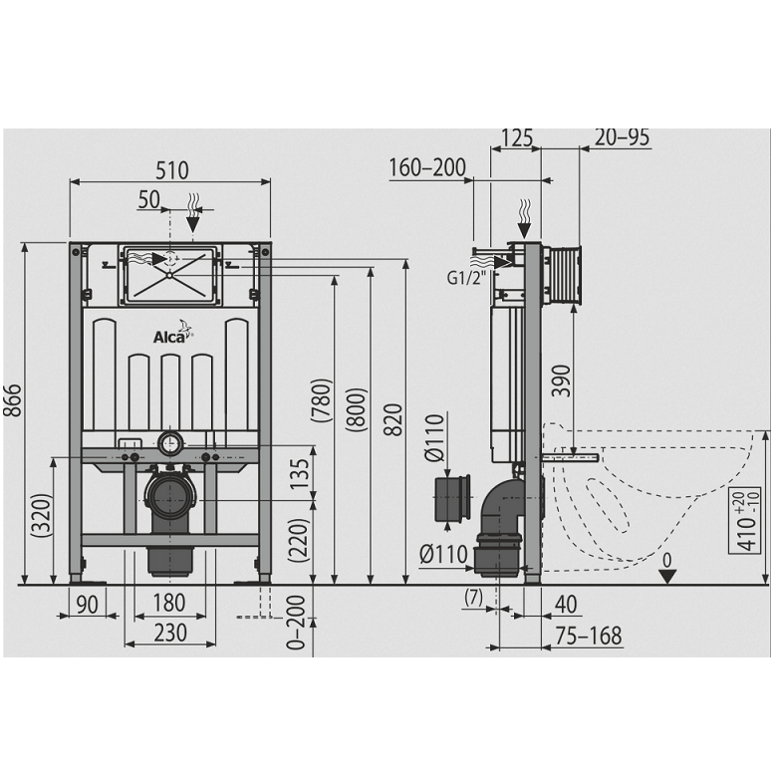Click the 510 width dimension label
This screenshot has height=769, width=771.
point(172,170)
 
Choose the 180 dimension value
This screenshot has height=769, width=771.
point(169,603)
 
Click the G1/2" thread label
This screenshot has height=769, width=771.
point(465,278)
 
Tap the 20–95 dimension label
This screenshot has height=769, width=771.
point(622,137)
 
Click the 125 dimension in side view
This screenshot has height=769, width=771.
point(516,137)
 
